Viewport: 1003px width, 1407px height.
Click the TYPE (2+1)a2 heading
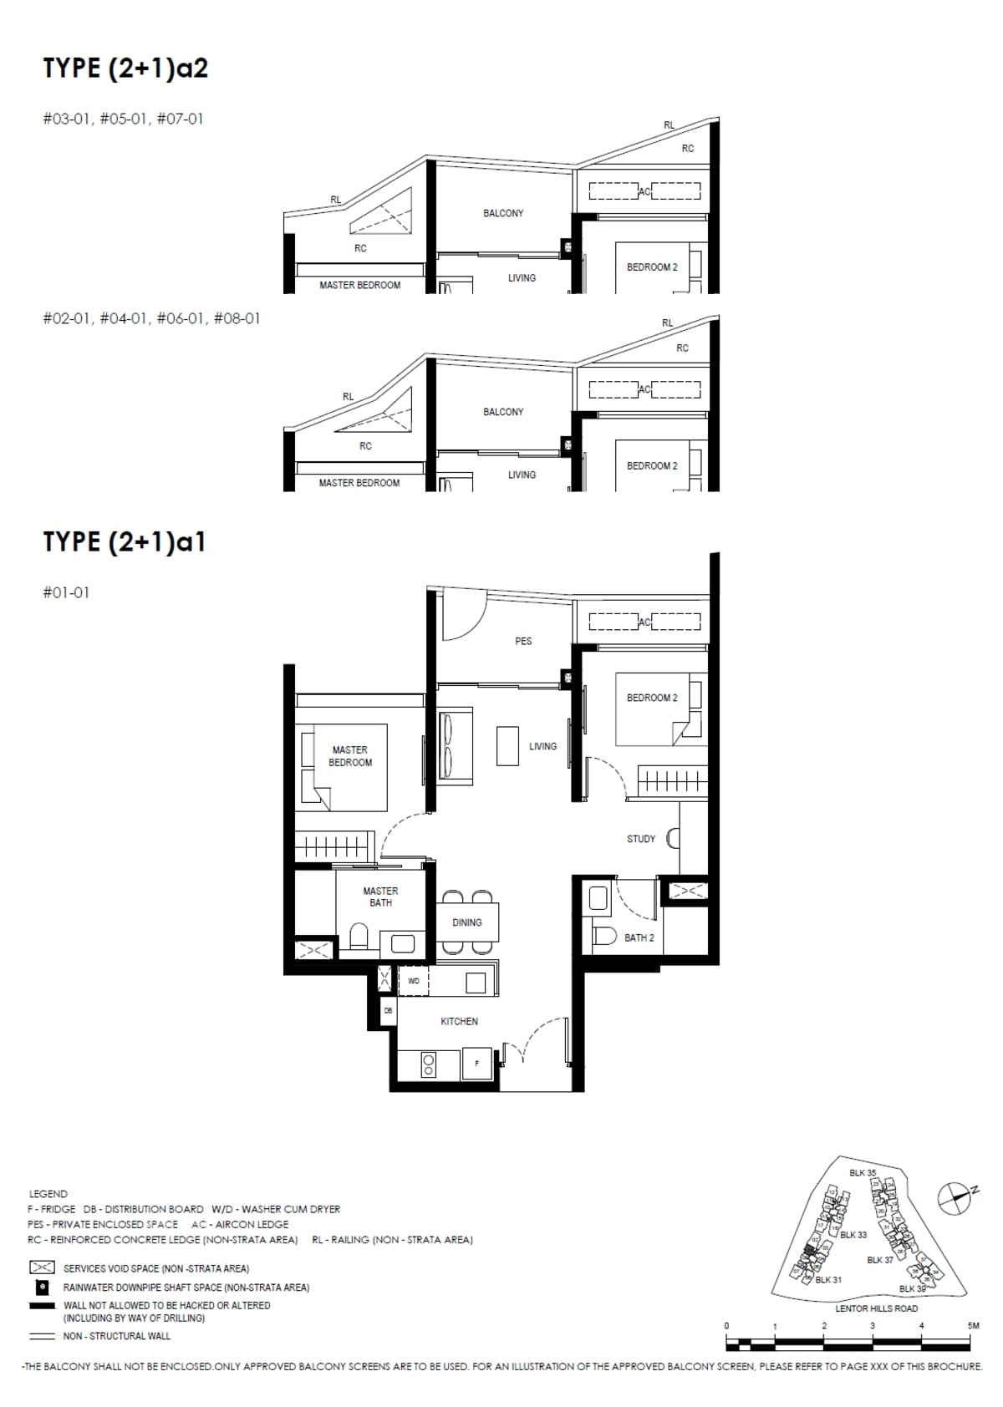click(125, 68)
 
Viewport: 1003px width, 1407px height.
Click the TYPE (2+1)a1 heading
click(125, 541)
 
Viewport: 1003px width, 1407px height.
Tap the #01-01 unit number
click(66, 592)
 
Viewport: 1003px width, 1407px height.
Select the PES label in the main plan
click(523, 641)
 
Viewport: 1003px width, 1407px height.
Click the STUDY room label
click(641, 839)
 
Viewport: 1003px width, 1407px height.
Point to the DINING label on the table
click(466, 922)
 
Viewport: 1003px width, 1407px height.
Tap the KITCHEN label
click(459, 1021)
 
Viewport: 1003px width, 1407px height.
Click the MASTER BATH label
click(380, 897)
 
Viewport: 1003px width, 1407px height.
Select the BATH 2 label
click(639, 937)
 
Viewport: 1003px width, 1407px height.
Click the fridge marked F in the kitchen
click(476, 1064)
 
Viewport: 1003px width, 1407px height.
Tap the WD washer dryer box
click(414, 981)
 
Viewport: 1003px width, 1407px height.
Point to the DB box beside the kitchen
click(388, 1010)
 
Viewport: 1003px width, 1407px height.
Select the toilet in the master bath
click(359, 937)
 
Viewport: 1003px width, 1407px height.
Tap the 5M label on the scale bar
click(973, 1325)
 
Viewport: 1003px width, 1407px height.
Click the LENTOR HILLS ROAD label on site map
click(876, 1308)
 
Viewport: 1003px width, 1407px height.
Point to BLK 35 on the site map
click(863, 1173)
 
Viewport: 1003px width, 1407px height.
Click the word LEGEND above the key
click(48, 1194)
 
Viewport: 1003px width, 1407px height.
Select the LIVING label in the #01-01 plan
click(542, 746)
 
